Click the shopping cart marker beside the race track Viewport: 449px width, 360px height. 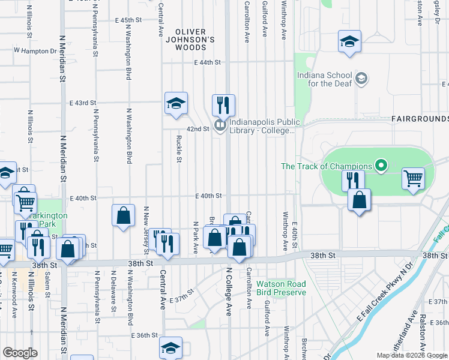pos(413,178)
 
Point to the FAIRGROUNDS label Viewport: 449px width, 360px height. pos(420,119)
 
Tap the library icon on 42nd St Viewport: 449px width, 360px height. pos(220,125)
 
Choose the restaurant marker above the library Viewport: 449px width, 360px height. pos(223,104)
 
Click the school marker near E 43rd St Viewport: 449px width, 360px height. pos(176,103)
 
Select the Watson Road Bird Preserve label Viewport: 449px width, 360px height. pos(281,288)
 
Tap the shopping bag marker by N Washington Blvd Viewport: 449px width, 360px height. pos(123,215)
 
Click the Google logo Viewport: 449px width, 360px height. pos(20,352)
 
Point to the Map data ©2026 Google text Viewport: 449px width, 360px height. pos(412,355)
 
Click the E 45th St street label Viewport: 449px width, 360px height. pos(127,20)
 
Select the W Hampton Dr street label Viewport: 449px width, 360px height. pos(35,52)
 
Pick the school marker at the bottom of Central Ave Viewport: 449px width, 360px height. pos(170,347)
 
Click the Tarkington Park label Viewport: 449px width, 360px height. pos(50,220)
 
